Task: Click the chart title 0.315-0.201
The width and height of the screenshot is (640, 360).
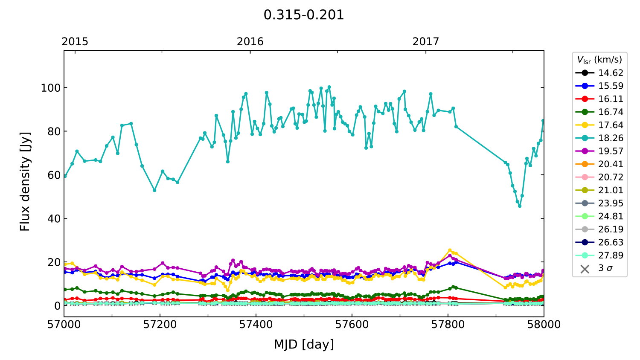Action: (x=303, y=15)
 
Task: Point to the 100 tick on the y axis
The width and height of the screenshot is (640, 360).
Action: (x=51, y=88)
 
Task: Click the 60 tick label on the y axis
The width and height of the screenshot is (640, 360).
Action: (x=54, y=175)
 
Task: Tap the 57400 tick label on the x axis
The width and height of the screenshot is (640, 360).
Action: (x=256, y=325)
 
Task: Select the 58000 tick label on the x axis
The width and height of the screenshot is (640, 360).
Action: (x=544, y=325)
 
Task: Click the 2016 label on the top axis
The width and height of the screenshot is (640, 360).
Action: (x=250, y=41)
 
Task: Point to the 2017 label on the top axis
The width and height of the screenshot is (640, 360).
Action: (x=425, y=41)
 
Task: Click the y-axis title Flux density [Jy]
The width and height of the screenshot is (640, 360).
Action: (x=25, y=181)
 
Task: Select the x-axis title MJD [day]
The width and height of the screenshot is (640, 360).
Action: (x=304, y=344)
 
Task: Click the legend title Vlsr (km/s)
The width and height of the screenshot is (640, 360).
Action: (x=599, y=60)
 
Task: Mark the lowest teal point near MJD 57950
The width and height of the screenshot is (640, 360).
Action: (x=520, y=206)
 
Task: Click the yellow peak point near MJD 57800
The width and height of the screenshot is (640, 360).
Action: (x=450, y=250)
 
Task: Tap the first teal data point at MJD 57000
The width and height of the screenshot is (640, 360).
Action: (x=65, y=176)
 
